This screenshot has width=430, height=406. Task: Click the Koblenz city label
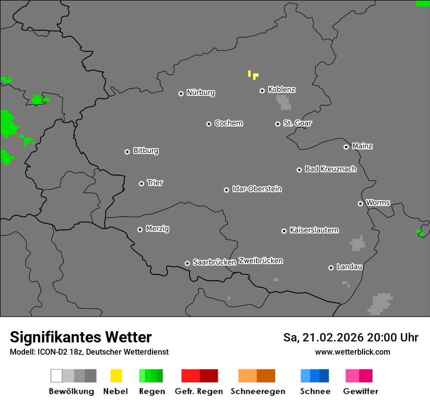(281, 90)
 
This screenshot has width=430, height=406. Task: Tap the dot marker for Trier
(141, 183)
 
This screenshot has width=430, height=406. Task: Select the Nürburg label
(200, 92)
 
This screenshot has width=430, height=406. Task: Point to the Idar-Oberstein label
(257, 189)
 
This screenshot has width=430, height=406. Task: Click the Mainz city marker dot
(346, 147)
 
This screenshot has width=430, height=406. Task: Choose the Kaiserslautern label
(314, 230)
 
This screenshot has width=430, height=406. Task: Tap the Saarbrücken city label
(214, 262)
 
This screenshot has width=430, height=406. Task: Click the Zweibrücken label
(260, 261)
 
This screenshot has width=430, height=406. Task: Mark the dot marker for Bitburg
(127, 152)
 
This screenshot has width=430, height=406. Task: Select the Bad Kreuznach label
(330, 169)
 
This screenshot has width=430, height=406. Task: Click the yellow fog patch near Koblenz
(255, 76)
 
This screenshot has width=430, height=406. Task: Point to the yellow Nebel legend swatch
(116, 376)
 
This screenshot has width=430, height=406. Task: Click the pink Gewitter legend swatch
(359, 376)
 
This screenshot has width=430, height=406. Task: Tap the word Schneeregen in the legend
(258, 391)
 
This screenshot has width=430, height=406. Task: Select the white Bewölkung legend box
(57, 376)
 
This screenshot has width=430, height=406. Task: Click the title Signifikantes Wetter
(81, 337)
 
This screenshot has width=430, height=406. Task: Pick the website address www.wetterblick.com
(352, 352)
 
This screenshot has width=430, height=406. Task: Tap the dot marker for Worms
(360, 203)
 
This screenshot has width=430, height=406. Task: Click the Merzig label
(157, 228)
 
